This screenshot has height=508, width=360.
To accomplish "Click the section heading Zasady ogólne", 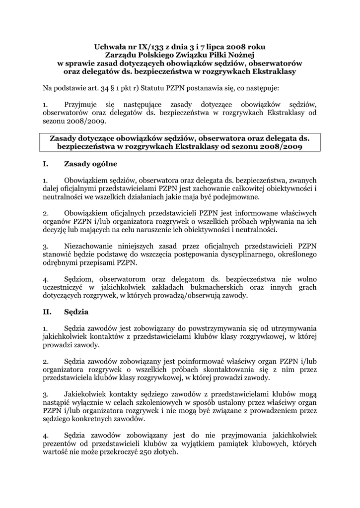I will (x=92, y=164).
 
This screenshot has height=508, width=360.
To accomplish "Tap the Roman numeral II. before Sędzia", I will (x=48, y=312).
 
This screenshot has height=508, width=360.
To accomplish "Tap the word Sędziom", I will (x=78, y=279).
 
